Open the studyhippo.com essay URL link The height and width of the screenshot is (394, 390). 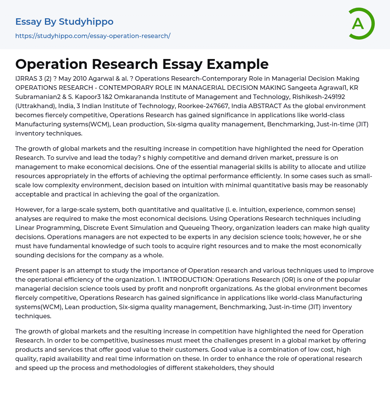(93, 36)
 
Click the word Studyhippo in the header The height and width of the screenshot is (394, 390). (86, 22)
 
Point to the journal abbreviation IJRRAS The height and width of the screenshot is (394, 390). (27, 79)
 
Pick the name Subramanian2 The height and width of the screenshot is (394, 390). (37, 97)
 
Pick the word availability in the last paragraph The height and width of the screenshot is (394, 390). (69, 359)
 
